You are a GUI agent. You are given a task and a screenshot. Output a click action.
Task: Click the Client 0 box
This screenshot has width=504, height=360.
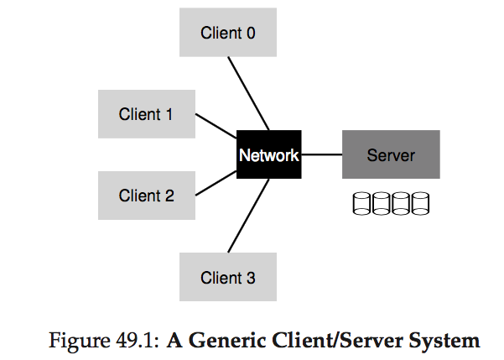pos(228,32)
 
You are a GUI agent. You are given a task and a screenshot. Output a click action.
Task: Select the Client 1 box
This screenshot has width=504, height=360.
pos(147,114)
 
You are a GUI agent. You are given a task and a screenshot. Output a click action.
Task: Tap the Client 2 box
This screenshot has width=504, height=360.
pos(147,196)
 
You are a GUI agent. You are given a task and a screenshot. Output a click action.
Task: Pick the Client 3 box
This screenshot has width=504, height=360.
pos(228,277)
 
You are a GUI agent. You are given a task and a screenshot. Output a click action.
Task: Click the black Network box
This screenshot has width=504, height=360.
pos(269,154)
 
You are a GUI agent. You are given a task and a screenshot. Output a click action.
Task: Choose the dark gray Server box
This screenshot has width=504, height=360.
pos(391,154)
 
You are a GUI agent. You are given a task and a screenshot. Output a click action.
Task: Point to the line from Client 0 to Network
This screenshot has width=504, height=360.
pos(248,94)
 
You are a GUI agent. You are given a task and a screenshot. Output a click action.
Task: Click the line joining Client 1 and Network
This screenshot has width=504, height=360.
pos(216,126)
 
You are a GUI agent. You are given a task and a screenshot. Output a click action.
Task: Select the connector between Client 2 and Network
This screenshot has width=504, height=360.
pos(216,183)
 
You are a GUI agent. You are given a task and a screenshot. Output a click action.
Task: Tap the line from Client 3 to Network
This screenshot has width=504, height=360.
pos(248,216)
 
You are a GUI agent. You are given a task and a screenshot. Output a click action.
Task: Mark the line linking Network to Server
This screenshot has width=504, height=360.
pos(322,154)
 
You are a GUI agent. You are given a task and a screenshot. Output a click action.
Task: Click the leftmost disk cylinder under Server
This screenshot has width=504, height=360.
pos(361,203)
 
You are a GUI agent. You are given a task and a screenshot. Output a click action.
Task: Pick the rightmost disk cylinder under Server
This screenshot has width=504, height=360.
pos(420,203)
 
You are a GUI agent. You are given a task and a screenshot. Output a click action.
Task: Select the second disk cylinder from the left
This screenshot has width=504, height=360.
pos(382,203)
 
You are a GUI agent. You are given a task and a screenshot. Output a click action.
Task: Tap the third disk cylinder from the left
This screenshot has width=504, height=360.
pos(401,203)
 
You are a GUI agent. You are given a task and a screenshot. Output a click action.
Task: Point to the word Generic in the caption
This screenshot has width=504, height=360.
pos(226,341)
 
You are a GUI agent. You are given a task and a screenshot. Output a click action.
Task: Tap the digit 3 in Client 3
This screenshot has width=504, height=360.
pos(251,278)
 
